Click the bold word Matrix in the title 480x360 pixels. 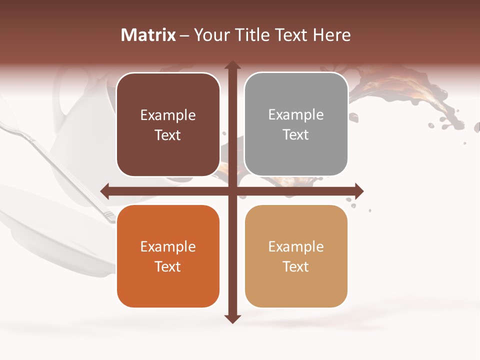pos(148,35)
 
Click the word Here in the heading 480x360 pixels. pos(331,35)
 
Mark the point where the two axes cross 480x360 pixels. pos(232,190)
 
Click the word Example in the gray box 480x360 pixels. pos(296,115)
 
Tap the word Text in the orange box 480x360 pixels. pos(168,266)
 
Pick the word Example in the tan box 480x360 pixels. pos(296,246)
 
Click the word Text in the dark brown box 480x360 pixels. pos(168,135)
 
